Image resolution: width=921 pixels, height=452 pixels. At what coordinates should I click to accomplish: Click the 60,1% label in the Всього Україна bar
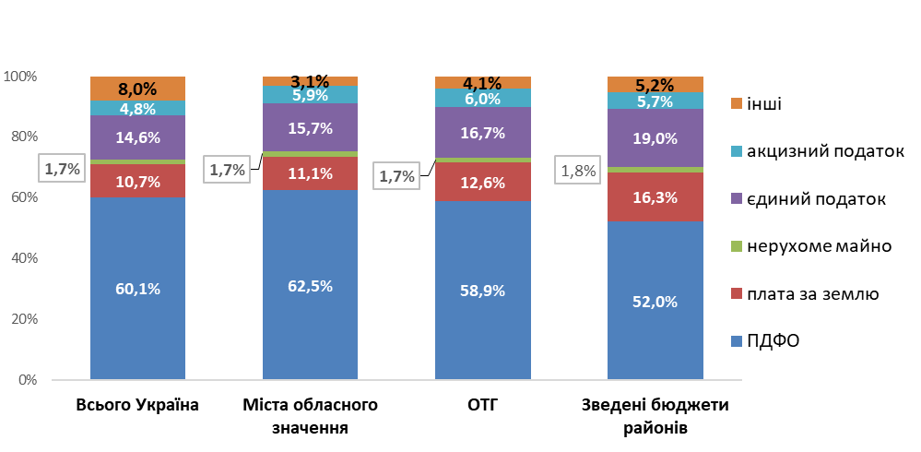(x=138, y=289)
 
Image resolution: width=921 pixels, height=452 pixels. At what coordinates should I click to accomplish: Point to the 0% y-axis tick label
(x=26, y=379)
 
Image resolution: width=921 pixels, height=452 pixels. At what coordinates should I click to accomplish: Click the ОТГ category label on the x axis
(x=482, y=405)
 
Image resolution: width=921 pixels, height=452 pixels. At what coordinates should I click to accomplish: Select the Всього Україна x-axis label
(x=137, y=405)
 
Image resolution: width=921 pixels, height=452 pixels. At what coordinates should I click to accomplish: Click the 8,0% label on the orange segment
(x=138, y=89)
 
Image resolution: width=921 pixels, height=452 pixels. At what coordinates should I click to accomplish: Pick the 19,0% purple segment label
(x=655, y=139)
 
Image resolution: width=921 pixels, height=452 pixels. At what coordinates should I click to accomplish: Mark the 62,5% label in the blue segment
(x=310, y=286)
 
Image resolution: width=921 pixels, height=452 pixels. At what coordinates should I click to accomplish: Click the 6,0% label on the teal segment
(x=482, y=99)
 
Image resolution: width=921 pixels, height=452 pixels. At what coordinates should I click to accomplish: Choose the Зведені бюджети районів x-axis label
(x=655, y=416)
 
